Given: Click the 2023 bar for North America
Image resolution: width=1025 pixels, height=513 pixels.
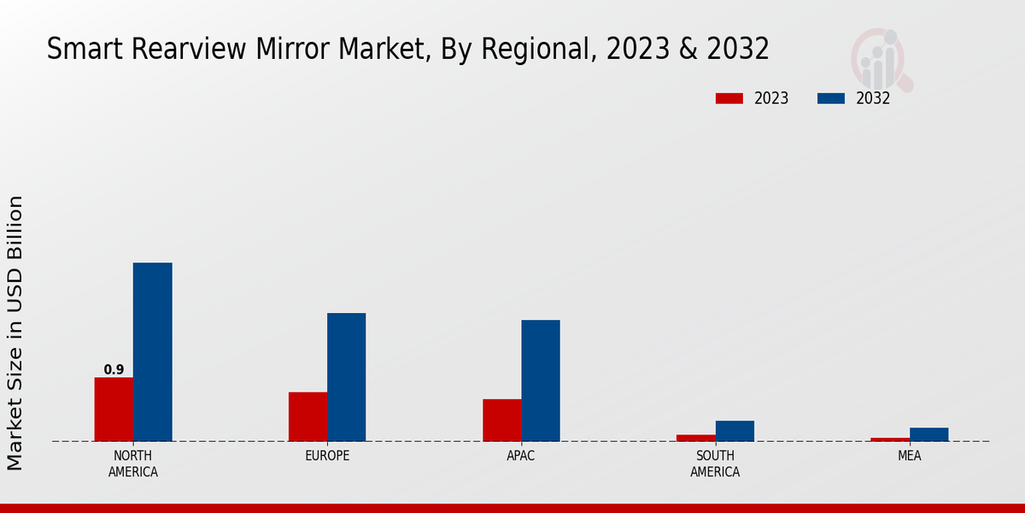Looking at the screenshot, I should point(114,410).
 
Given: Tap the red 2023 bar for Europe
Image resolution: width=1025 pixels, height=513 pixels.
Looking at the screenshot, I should point(307,416).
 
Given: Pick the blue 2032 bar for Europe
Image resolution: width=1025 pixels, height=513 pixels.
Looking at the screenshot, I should point(346,377).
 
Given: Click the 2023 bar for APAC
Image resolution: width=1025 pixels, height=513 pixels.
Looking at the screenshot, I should point(501,420).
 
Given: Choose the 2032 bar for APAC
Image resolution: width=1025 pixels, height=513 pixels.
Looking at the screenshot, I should point(541,380).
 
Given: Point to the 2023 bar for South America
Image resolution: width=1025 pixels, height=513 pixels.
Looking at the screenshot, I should point(696,438).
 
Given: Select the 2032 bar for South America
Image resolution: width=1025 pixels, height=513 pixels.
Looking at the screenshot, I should point(735,431).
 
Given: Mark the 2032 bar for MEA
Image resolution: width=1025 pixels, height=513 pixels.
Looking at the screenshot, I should point(928,434).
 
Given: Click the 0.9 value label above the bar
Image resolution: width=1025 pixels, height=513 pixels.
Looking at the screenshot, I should point(114,370).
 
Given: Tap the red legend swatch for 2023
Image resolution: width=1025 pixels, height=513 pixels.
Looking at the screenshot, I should point(729,98).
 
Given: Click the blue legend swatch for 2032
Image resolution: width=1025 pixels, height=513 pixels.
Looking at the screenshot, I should point(830,98).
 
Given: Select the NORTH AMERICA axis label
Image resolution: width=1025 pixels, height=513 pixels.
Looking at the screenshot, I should point(133,463).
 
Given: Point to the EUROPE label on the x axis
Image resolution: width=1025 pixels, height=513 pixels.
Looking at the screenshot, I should point(327,456).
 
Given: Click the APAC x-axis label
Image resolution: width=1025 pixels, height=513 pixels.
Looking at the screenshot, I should point(521,456).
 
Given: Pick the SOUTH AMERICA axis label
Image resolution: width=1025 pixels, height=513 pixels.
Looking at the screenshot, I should point(715,463).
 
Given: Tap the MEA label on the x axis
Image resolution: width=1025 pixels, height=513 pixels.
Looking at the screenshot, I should point(909,456).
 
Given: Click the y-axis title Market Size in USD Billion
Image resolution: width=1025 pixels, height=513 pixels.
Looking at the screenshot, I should point(15,333).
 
